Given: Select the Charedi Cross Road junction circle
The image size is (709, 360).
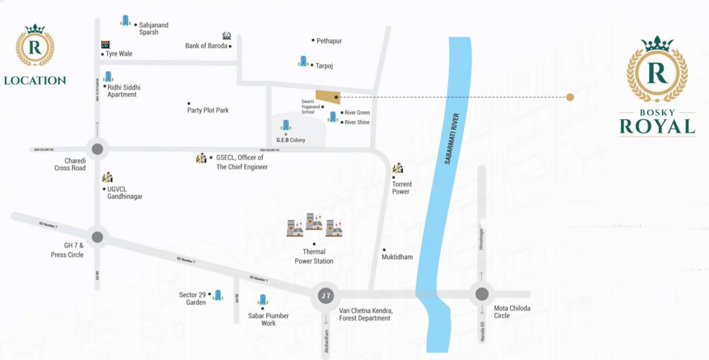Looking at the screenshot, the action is tap(98, 149).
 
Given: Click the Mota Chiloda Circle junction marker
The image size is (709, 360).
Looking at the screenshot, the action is tap(482, 294).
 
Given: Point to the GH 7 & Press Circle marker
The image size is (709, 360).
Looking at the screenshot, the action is tap(98, 237).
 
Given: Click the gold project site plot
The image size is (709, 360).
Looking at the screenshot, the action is tap(327, 97).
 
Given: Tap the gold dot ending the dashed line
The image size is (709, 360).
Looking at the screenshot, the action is tap(570, 97).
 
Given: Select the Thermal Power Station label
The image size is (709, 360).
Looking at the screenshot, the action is tap(314, 256).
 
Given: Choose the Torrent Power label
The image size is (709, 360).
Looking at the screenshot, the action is tap(402, 188).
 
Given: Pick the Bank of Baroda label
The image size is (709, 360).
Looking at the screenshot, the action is tap(206, 46).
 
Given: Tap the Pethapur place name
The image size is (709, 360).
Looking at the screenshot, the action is tap(329, 41).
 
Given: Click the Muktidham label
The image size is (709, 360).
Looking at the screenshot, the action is tap(397, 257).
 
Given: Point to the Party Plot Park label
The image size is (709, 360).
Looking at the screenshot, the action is tap(208, 110).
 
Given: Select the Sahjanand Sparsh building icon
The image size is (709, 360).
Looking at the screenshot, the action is tap(125, 20).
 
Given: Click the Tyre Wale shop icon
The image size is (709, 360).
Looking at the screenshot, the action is tap(106, 45).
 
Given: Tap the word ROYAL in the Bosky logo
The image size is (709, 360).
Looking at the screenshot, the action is tap(657, 127).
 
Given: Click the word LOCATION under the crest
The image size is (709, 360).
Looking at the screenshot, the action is tap(35, 81).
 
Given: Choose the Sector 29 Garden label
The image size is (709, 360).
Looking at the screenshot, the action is tap(193, 298).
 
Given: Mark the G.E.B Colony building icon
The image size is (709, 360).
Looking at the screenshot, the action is tap(286, 125).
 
